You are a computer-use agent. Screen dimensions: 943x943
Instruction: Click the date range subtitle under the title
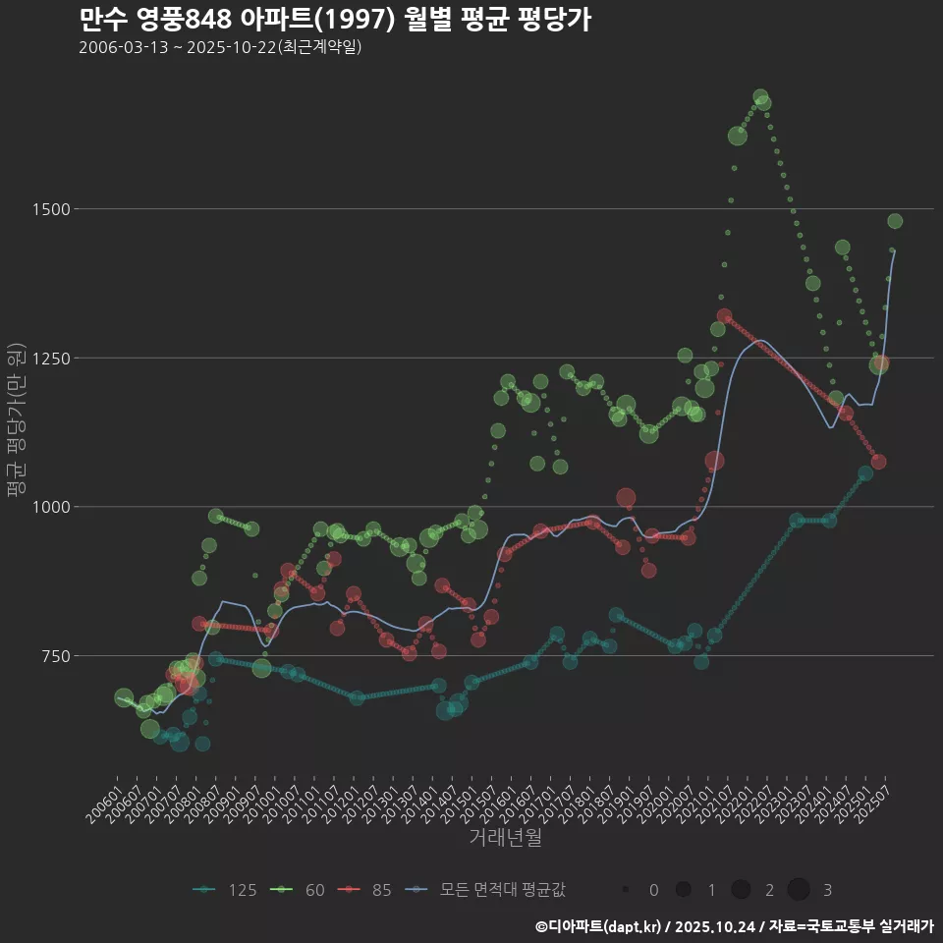[x=220, y=47]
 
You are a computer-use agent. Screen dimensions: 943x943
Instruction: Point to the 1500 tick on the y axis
[x=49, y=209]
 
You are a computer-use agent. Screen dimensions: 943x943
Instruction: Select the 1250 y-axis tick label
[x=49, y=359]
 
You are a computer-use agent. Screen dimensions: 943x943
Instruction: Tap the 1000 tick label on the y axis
[x=49, y=507]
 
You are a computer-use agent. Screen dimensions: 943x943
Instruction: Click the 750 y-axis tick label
[x=53, y=656]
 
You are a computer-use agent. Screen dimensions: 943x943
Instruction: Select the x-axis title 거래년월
[x=505, y=837]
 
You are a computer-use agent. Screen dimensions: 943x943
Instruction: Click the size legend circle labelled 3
[x=799, y=890]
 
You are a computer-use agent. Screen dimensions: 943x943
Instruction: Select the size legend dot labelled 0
[x=626, y=890]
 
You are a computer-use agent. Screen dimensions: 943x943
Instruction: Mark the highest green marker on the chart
[x=759, y=97]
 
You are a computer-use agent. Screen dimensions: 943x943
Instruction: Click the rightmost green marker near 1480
[x=895, y=221]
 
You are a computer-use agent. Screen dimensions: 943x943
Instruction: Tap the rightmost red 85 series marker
[x=878, y=462]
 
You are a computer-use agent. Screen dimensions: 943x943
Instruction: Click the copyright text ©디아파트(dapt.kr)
[x=599, y=926]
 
